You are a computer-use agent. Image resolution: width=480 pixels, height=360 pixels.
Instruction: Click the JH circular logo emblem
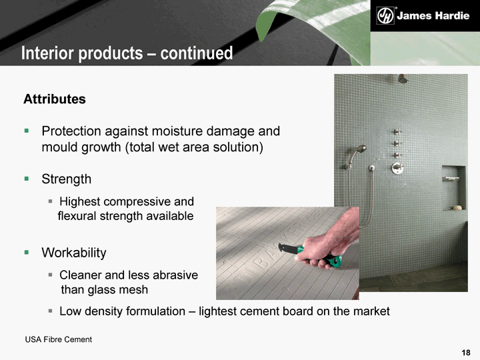(x=385, y=15)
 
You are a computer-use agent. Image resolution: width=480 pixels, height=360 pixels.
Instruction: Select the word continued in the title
(x=197, y=53)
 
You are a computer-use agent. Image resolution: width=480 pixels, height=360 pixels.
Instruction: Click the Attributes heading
(x=55, y=99)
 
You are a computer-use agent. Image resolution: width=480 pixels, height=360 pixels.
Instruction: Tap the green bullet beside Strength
(x=27, y=179)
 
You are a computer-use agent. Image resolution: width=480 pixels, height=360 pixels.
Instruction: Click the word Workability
(x=74, y=253)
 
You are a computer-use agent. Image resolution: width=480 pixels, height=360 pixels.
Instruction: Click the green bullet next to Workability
(x=27, y=252)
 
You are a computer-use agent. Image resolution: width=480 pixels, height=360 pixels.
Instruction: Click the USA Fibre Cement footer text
(x=59, y=339)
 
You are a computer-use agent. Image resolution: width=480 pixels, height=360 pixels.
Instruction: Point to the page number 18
(x=466, y=353)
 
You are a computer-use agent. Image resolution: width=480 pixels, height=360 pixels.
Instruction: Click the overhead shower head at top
(x=403, y=79)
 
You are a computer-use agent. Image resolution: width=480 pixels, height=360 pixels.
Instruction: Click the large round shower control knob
(x=397, y=168)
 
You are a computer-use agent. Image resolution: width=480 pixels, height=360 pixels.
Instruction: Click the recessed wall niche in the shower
(x=454, y=188)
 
